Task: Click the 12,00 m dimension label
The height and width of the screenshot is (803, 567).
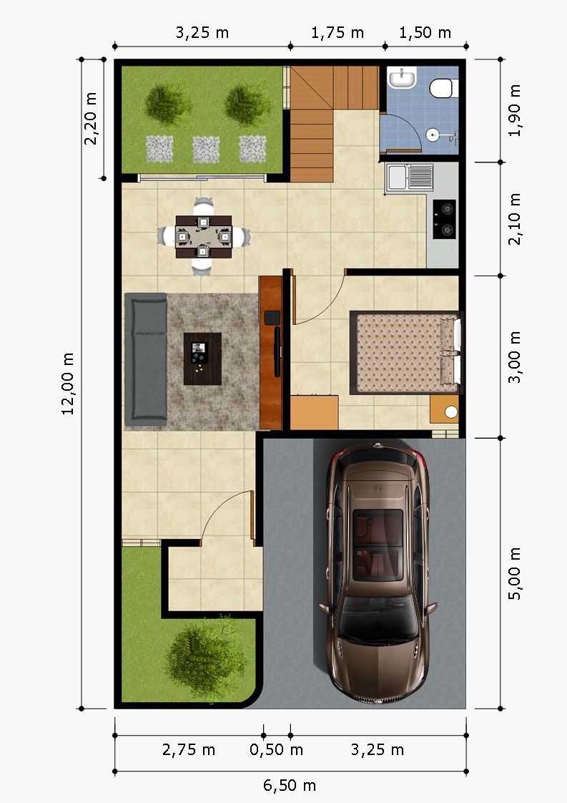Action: click(x=67, y=383)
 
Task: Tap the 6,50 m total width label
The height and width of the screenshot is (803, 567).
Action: click(x=289, y=785)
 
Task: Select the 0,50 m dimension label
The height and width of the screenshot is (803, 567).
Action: click(x=276, y=750)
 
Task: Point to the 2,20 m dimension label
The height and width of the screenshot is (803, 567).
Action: click(x=90, y=118)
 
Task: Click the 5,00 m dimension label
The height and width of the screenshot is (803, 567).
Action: click(x=514, y=573)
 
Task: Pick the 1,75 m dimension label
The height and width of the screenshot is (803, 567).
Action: click(x=337, y=33)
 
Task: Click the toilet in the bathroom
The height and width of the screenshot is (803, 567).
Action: click(x=443, y=88)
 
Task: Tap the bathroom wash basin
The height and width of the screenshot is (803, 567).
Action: click(x=402, y=78)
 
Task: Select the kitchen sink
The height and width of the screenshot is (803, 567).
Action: click(x=410, y=177)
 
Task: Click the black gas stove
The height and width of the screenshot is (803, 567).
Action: click(x=444, y=219)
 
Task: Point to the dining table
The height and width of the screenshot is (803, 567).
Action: click(x=204, y=237)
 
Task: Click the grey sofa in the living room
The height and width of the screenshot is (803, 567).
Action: click(x=147, y=359)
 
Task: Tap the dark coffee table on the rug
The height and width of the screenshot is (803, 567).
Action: click(x=202, y=359)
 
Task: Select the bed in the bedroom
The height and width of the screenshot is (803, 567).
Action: click(x=406, y=352)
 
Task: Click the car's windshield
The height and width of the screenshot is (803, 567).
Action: click(x=378, y=620)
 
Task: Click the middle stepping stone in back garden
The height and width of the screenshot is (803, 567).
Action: click(x=206, y=150)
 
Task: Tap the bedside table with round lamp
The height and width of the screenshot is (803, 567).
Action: click(x=444, y=409)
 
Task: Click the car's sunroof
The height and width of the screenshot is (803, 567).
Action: click(x=378, y=544)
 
